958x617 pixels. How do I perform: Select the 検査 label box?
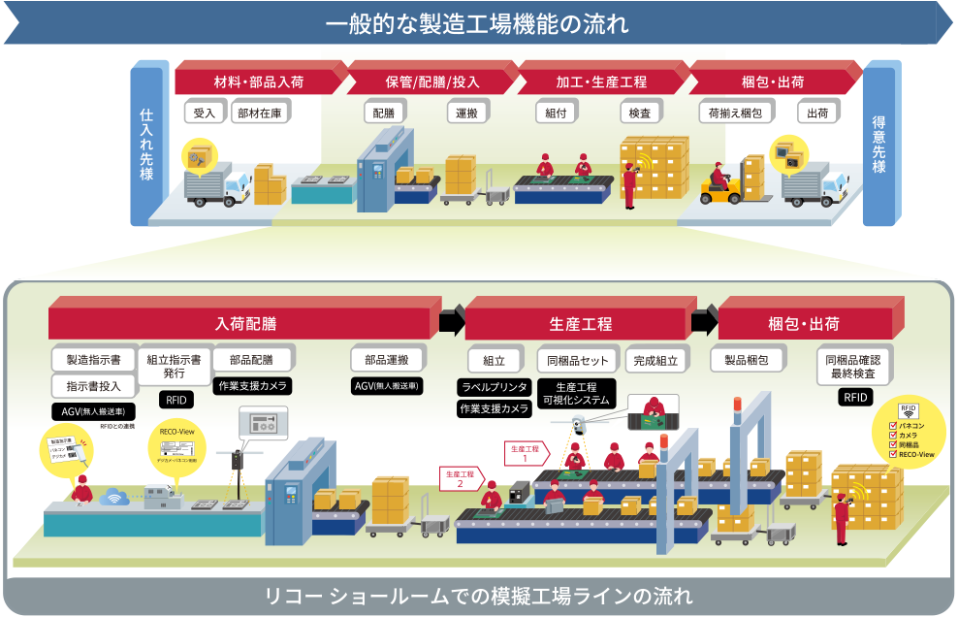pos(639,113)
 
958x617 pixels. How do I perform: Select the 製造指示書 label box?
pos(93,359)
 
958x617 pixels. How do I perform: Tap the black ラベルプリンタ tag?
pos(494,386)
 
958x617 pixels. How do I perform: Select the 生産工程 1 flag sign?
pos(524,451)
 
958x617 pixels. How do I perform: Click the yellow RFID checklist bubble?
pos(910,434)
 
